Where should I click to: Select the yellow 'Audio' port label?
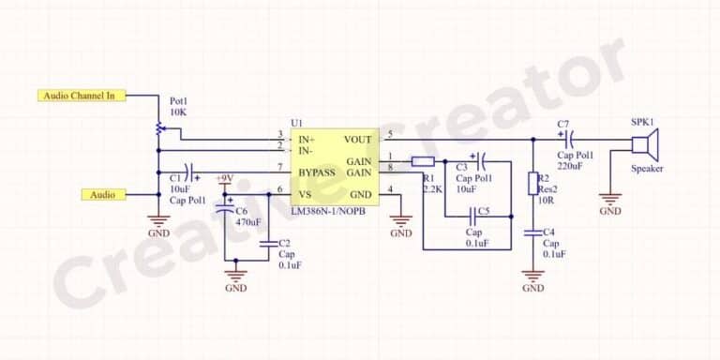point(103,195)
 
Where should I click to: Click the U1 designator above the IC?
point(297,123)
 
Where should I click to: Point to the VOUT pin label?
point(358,141)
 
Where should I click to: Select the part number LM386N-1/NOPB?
point(328,212)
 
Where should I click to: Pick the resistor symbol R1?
point(423,161)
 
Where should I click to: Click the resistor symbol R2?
point(533,183)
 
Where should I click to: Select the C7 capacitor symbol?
point(565,141)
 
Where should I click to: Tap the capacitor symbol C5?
point(472,216)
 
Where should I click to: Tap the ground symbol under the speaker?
point(610,200)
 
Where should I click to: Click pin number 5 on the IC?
point(390,133)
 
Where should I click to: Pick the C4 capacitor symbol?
point(533,232)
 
